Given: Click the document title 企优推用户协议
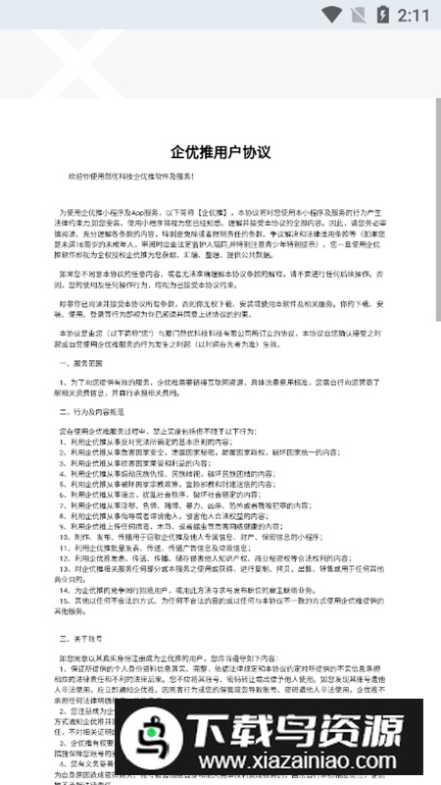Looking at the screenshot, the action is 220,152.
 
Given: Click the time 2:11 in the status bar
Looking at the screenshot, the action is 416,15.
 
